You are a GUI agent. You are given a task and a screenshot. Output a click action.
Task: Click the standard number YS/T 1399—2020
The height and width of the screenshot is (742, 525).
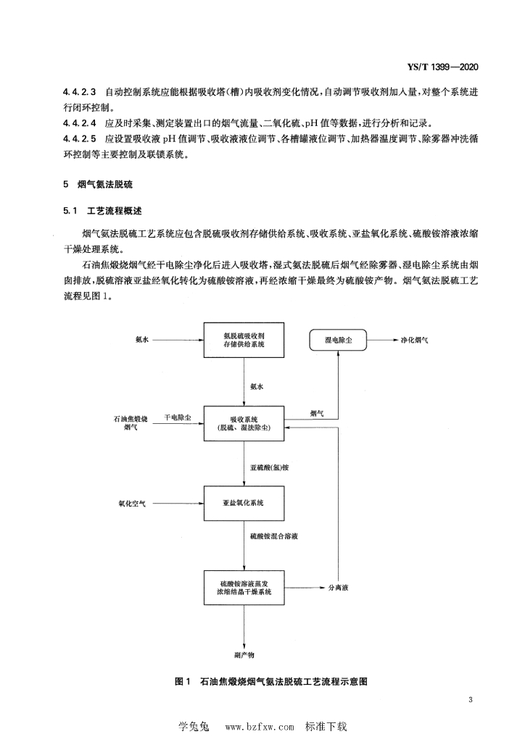(442, 67)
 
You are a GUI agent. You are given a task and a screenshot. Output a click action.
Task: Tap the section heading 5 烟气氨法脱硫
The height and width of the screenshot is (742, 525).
(98, 184)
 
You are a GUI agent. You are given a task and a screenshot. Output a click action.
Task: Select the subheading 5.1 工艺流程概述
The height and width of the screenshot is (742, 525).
(102, 211)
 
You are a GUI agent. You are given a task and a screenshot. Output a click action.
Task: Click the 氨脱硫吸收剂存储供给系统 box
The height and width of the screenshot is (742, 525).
(244, 340)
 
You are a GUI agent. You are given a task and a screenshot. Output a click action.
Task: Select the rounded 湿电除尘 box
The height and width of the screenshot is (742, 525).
(338, 341)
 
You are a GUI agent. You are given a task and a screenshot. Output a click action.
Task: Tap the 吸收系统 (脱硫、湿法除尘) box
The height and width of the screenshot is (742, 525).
(244, 423)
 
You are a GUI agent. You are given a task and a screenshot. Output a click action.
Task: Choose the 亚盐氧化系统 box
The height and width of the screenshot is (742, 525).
(244, 504)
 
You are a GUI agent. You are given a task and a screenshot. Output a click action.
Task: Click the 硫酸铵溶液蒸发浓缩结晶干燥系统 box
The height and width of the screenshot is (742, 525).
(244, 588)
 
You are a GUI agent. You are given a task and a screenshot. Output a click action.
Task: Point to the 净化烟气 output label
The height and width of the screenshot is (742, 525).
(414, 341)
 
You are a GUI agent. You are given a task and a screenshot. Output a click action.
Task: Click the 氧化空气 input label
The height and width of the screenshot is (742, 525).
(132, 504)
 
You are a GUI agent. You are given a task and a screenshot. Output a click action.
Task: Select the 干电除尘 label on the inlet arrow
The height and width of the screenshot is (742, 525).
(178, 417)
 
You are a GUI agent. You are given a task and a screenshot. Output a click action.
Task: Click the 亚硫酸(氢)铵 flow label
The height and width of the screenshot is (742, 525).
(269, 467)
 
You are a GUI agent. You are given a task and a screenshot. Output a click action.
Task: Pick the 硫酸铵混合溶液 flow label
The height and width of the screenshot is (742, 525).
(274, 537)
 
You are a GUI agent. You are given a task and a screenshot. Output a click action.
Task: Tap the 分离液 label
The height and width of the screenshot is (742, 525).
(339, 588)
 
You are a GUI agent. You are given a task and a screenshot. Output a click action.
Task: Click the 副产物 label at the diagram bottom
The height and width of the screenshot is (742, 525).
(244, 655)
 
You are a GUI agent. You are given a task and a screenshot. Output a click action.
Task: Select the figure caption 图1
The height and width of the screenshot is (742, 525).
(182, 681)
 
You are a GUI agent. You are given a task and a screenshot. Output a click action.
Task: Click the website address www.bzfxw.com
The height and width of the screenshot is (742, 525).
(260, 726)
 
